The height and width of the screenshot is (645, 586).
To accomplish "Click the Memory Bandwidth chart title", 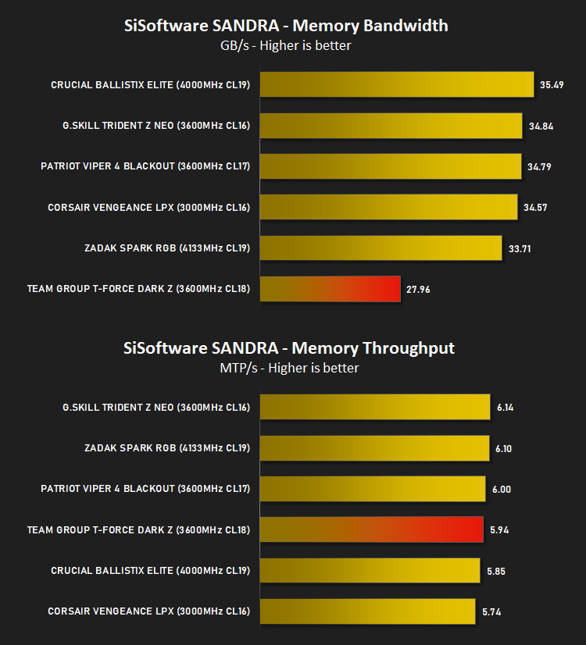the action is pyautogui.click(x=286, y=26).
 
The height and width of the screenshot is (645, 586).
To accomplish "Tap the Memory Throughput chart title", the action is pyautogui.click(x=289, y=348).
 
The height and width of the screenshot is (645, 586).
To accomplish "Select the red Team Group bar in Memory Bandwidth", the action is pyautogui.click(x=330, y=289).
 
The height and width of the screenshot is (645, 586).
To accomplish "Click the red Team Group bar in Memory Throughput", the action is pyautogui.click(x=372, y=529).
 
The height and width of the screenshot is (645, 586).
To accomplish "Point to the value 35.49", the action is pyautogui.click(x=552, y=85).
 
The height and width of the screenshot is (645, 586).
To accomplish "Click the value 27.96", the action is pyautogui.click(x=418, y=290).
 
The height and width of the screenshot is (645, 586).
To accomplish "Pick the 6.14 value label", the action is pyautogui.click(x=505, y=408).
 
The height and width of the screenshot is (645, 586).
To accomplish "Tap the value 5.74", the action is pyautogui.click(x=491, y=612).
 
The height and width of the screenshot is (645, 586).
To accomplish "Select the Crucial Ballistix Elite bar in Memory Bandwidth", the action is pyautogui.click(x=397, y=84).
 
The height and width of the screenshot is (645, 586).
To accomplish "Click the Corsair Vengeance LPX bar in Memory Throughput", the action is pyautogui.click(x=367, y=611).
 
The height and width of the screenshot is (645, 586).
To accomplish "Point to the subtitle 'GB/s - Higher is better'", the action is pyautogui.click(x=286, y=45).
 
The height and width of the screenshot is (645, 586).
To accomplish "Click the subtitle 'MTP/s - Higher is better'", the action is pyautogui.click(x=289, y=368).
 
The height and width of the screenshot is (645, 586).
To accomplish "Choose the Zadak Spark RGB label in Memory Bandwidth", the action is pyautogui.click(x=167, y=248).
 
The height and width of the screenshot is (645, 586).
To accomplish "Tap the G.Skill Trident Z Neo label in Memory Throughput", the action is pyautogui.click(x=156, y=408).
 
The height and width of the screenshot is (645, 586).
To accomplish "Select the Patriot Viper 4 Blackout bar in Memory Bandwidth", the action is pyautogui.click(x=391, y=166).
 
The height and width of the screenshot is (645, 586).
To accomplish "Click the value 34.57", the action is pyautogui.click(x=535, y=208).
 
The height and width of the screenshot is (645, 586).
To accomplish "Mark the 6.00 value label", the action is pyautogui.click(x=502, y=490).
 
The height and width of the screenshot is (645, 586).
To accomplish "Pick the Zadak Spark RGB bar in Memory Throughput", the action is pyautogui.click(x=374, y=448).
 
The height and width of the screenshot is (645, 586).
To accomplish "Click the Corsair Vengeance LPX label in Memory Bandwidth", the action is pyautogui.click(x=148, y=208).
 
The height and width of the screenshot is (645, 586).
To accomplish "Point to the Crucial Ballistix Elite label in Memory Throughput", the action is pyautogui.click(x=150, y=571).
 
